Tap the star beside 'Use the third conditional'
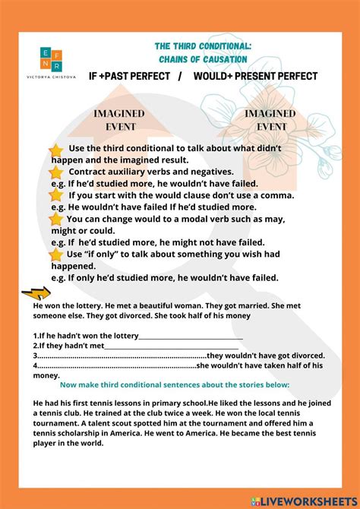pyautogui.click(x=56, y=150)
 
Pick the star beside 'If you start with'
pyautogui.click(x=56, y=196)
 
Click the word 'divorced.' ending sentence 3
pyautogui.click(x=308, y=355)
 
